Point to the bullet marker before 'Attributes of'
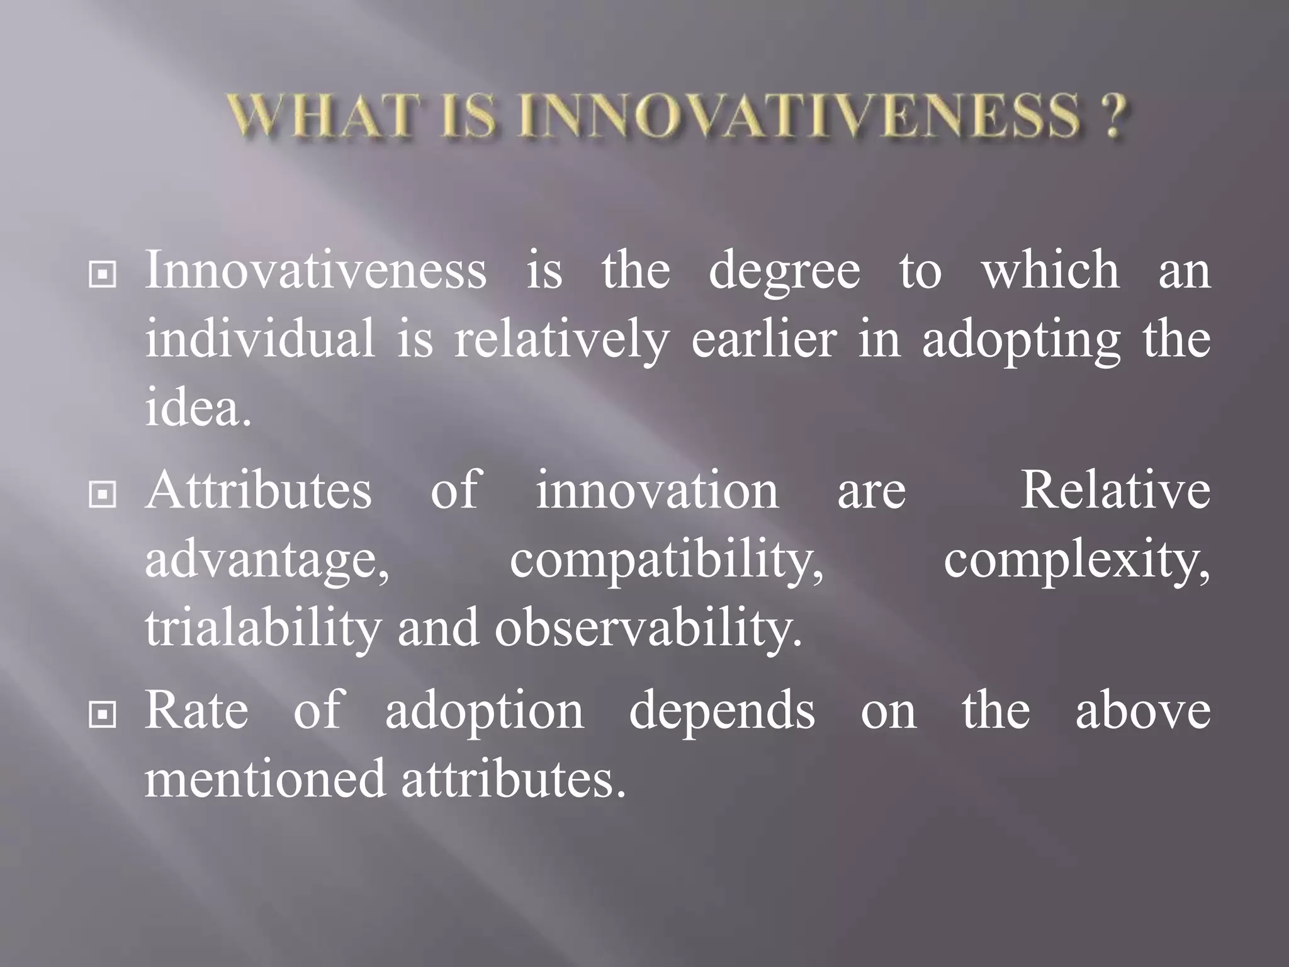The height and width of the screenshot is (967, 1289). click(x=103, y=494)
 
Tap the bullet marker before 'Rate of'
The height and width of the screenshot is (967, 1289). click(x=103, y=715)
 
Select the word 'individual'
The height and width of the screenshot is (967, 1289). click(x=260, y=339)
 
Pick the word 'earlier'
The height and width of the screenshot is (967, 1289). click(x=764, y=339)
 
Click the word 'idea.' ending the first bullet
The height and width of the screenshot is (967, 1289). click(x=198, y=407)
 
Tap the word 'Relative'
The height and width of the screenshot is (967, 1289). click(x=1115, y=490)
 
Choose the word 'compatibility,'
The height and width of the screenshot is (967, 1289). click(x=667, y=560)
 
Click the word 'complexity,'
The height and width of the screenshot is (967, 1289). click(x=1076, y=560)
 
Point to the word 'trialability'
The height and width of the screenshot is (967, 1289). click(x=263, y=628)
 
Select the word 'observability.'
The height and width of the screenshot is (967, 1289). click(x=648, y=628)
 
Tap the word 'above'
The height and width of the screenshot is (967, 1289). click(x=1142, y=711)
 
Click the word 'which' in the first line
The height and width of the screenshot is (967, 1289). click(x=1050, y=270)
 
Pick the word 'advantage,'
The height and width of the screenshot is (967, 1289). click(x=267, y=560)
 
